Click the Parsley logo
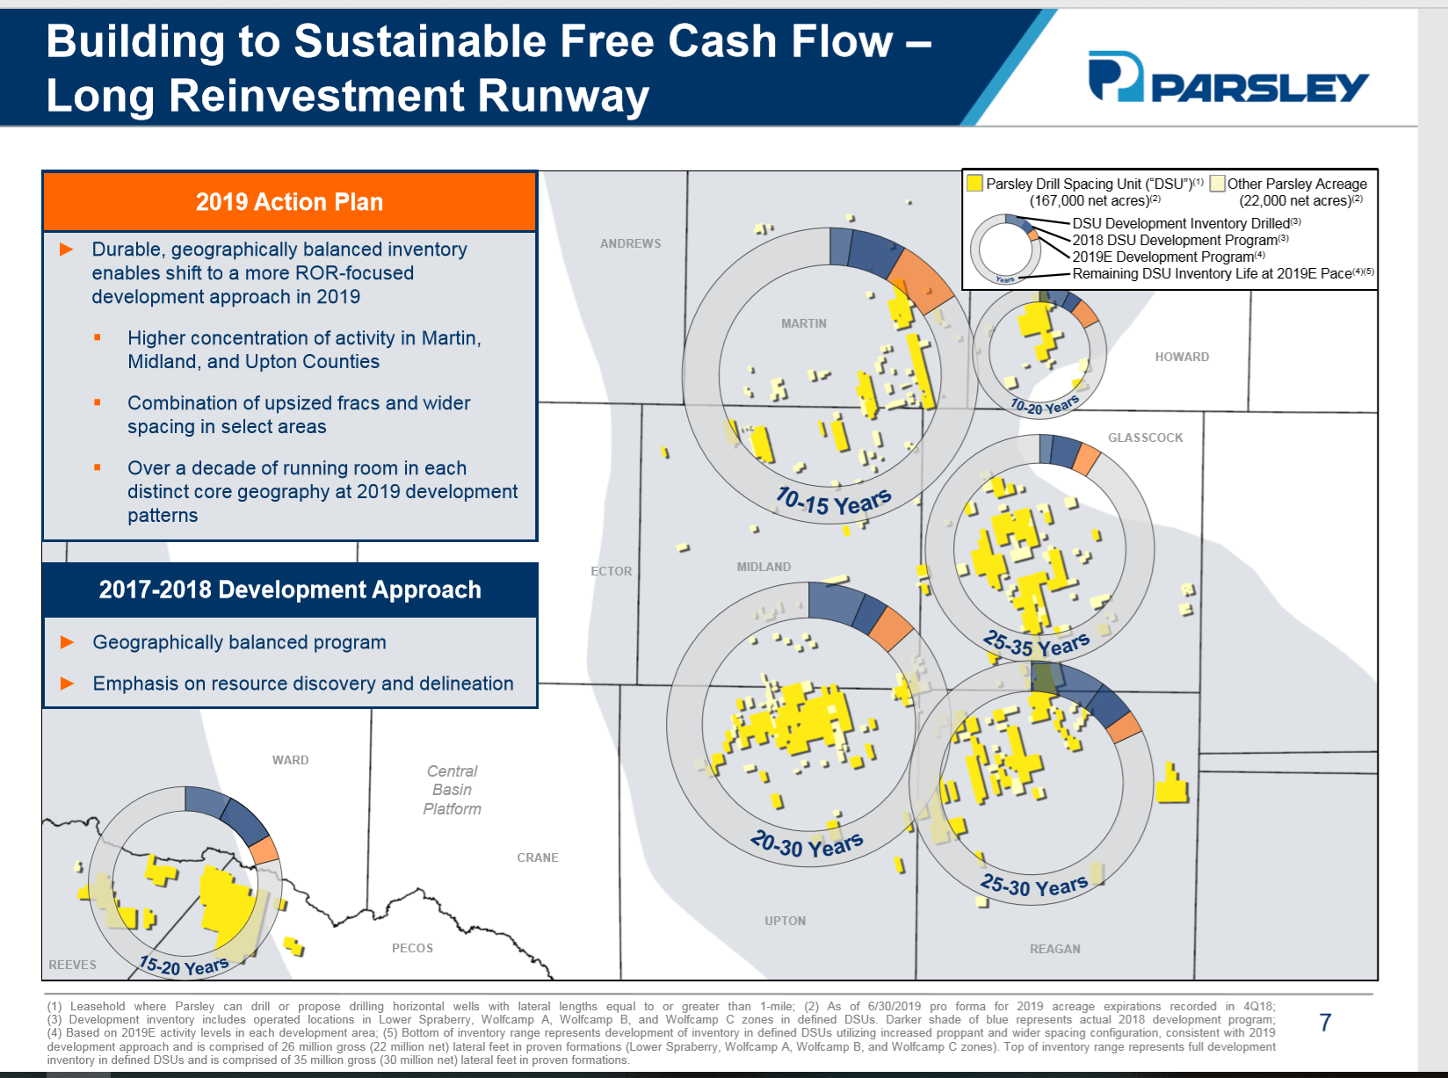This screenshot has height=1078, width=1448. click(x=1227, y=77)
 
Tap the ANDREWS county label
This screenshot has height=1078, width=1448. click(x=630, y=243)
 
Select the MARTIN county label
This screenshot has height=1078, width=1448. click(x=803, y=323)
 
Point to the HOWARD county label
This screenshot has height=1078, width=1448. click(x=1182, y=357)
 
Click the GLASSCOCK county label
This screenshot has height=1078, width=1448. click(x=1145, y=438)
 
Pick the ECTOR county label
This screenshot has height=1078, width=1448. click(x=611, y=571)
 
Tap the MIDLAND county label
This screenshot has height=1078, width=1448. click(x=764, y=567)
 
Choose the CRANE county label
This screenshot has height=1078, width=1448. click(x=538, y=857)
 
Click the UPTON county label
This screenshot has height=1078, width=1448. click(x=785, y=921)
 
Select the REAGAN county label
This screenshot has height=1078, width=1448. click(x=1054, y=949)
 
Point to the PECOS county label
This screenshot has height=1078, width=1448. click(x=412, y=948)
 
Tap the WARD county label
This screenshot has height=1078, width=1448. click(x=290, y=760)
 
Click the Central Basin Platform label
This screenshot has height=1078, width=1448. click(x=452, y=790)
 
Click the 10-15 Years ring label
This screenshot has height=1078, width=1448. click(x=833, y=503)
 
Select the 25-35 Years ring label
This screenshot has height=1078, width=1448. click(x=1036, y=645)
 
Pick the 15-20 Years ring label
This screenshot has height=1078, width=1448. click(x=184, y=966)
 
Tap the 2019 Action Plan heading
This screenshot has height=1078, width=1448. click(x=289, y=202)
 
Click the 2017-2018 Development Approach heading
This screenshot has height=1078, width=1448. click(x=290, y=590)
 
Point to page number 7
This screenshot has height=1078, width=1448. click(x=1325, y=1023)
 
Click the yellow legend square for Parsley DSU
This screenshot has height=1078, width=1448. click(x=974, y=183)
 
